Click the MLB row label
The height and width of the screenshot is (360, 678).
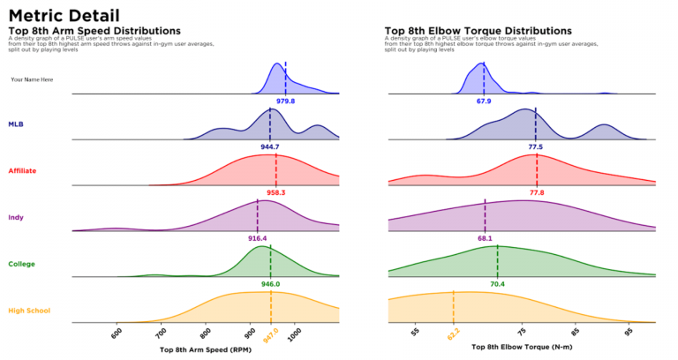pos(16,124)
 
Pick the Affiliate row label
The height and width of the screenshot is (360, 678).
pos(22,170)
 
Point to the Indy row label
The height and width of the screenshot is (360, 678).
pos(16,217)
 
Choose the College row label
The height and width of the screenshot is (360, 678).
pos(22,264)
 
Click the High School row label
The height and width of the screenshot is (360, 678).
pos(29,311)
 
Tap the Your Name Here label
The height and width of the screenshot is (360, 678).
pos(32,79)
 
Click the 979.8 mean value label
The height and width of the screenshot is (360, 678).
pos(285,101)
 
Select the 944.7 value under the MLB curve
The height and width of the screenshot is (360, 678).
pos(270,146)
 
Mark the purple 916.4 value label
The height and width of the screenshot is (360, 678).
pos(258,238)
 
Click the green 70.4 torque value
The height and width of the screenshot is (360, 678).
pos(497,284)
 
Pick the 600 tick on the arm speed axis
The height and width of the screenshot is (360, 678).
pos(117,334)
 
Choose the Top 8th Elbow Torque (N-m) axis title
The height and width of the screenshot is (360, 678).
pos(521,349)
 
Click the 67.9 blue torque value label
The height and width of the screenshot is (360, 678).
pos(484,101)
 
